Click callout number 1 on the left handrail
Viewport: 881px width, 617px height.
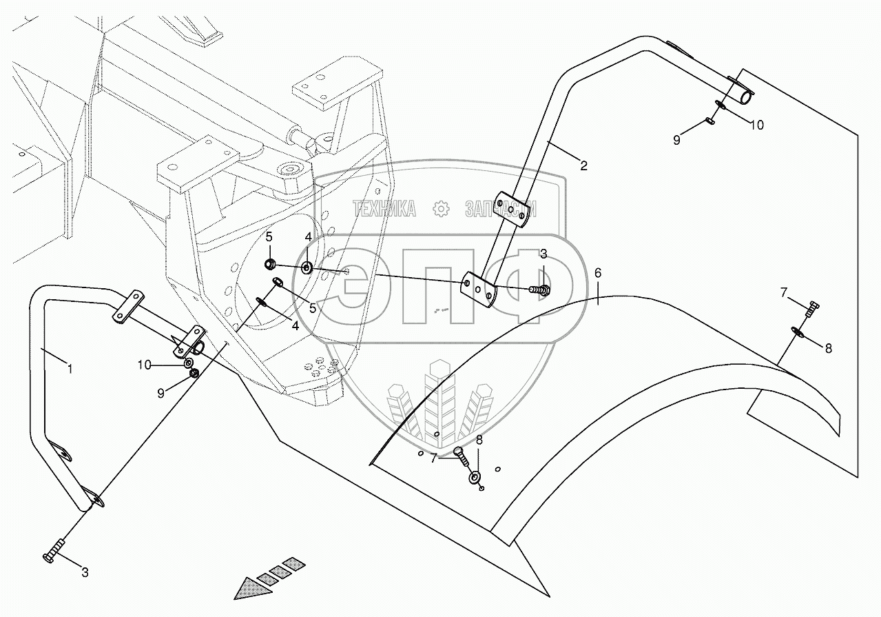click(x=70, y=368)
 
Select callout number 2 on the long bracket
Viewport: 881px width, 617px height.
click(x=583, y=165)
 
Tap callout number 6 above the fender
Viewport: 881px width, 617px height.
click(x=598, y=274)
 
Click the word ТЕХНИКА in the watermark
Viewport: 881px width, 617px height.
click(x=384, y=210)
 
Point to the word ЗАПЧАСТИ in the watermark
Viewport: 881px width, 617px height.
click(x=500, y=210)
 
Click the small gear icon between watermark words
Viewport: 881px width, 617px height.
click(x=442, y=209)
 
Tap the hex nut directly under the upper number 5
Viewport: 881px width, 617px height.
click(x=271, y=263)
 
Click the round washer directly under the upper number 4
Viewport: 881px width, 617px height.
click(x=306, y=266)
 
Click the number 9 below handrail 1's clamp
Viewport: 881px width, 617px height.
click(x=161, y=393)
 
